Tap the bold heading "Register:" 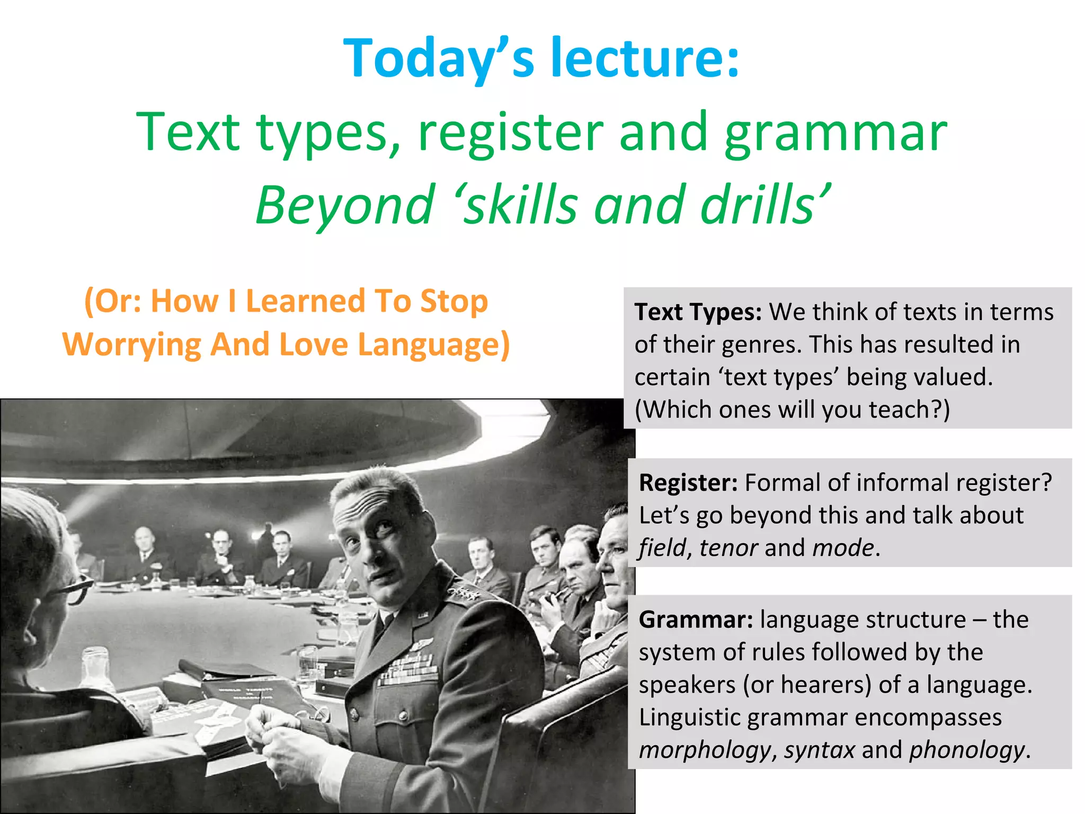[x=688, y=483]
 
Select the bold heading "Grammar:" [x=696, y=620]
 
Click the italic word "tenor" [x=728, y=548]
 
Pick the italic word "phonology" [x=967, y=750]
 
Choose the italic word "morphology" [x=705, y=750]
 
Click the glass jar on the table [x=95, y=668]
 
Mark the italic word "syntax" [x=819, y=750]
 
